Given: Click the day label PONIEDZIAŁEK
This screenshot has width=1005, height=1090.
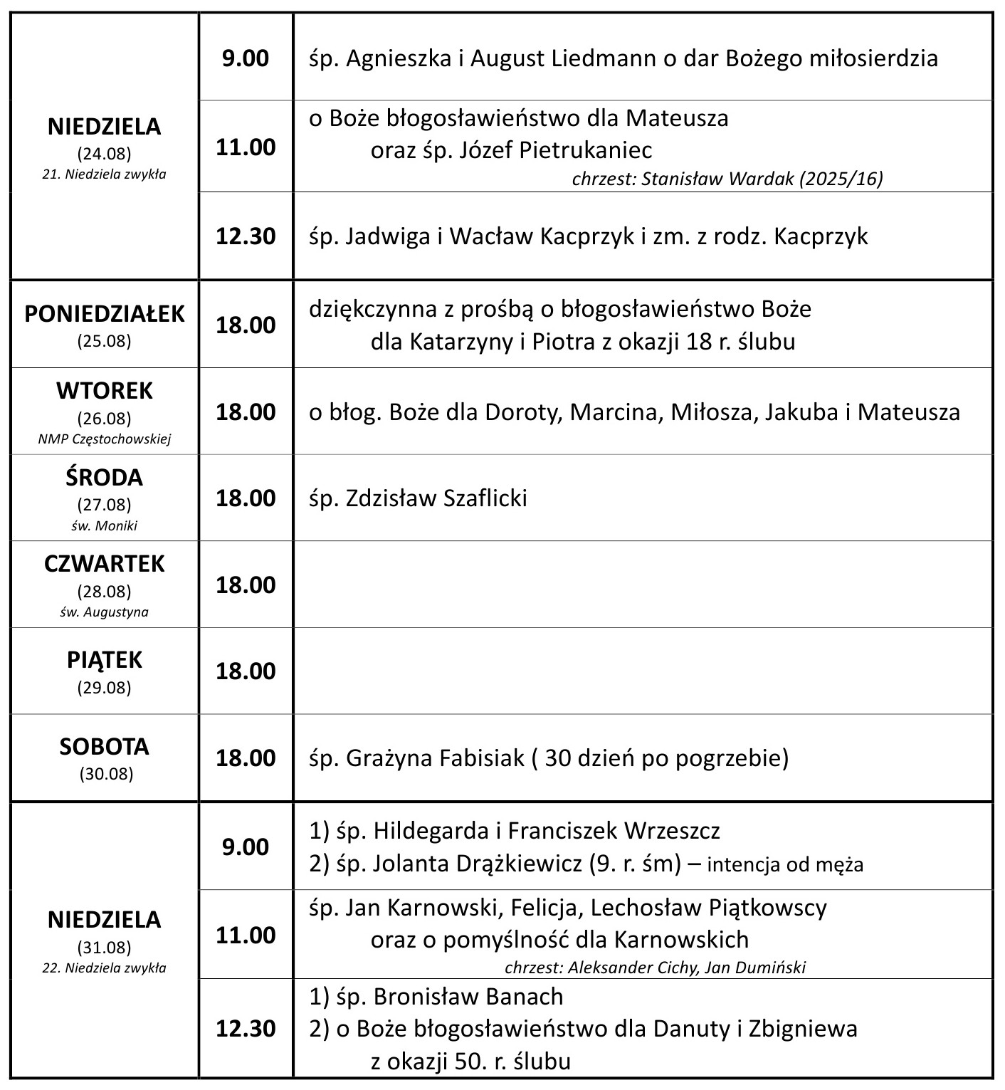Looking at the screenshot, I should click(x=105, y=314).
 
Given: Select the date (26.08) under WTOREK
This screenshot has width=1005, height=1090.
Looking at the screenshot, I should click(x=105, y=418).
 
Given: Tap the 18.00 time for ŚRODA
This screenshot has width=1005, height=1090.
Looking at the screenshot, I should click(x=246, y=498).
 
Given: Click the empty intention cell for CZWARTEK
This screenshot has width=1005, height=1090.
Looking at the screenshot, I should click(x=642, y=585).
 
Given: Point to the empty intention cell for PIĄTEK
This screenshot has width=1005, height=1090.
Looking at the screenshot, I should click(x=642, y=671).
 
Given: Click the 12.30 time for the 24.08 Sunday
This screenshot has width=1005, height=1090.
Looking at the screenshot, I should click(x=246, y=236).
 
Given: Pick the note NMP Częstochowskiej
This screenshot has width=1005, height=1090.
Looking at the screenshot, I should click(x=105, y=439).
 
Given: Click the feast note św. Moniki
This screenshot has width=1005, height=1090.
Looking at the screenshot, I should click(x=105, y=526).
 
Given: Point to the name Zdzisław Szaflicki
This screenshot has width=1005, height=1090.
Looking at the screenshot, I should click(x=436, y=498).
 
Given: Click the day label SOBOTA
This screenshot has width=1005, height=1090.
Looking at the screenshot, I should click(x=105, y=746).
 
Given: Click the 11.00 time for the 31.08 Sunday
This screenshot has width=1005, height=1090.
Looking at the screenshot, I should click(x=246, y=935).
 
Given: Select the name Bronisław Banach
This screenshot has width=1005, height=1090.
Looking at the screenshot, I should click(x=468, y=996).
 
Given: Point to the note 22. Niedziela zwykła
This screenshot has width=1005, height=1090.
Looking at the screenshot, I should click(x=105, y=968).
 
